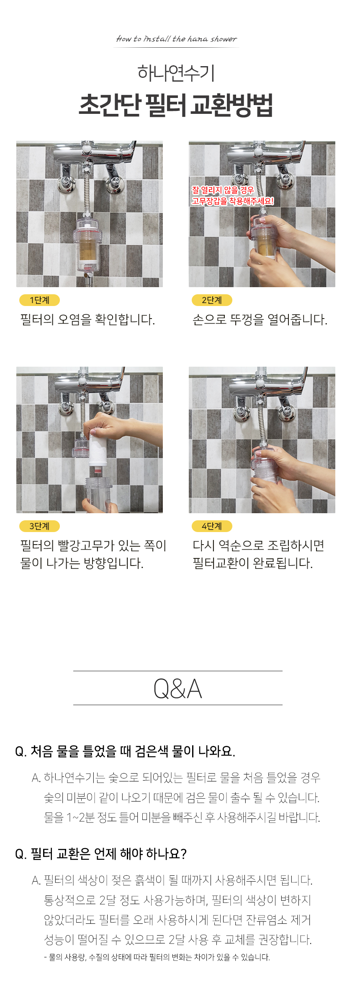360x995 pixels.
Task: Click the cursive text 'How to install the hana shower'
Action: click(x=176, y=39)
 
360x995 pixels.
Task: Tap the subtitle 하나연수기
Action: click(x=176, y=73)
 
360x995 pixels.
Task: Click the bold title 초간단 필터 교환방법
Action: click(x=176, y=105)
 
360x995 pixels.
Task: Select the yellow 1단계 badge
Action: click(x=39, y=300)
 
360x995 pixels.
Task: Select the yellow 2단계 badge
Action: click(x=212, y=300)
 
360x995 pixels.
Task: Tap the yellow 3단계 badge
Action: click(x=39, y=526)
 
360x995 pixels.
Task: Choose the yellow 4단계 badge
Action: click(x=212, y=526)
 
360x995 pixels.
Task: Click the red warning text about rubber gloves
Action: click(x=233, y=195)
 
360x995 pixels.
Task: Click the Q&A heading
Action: click(x=178, y=689)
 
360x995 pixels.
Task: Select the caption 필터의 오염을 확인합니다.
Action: click(x=87, y=320)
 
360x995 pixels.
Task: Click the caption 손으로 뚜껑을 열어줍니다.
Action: click(x=260, y=320)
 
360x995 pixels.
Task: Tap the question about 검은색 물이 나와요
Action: click(x=125, y=751)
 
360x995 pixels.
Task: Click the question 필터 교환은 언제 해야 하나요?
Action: click(x=101, y=854)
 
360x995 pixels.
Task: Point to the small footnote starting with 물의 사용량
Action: click(x=157, y=957)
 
